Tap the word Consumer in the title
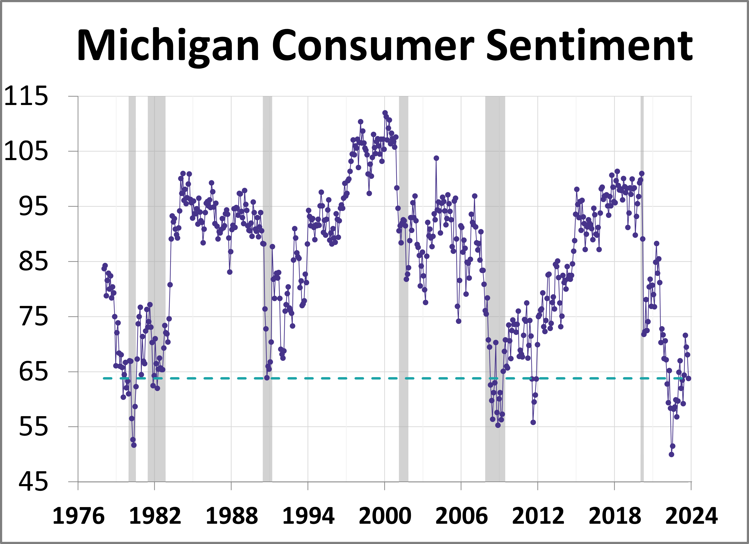click(373, 46)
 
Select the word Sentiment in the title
click(589, 46)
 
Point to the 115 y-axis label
click(26, 96)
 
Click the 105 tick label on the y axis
click(26, 151)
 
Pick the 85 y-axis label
click(33, 262)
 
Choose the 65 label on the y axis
click(33, 372)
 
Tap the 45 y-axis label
click(33, 482)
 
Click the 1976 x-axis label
click(78, 516)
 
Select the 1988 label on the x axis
click(232, 516)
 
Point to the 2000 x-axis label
click(385, 516)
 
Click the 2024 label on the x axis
click(691, 516)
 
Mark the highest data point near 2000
click(385, 113)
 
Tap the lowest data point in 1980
click(134, 445)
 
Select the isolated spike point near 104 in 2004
click(436, 158)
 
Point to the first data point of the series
click(104, 269)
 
